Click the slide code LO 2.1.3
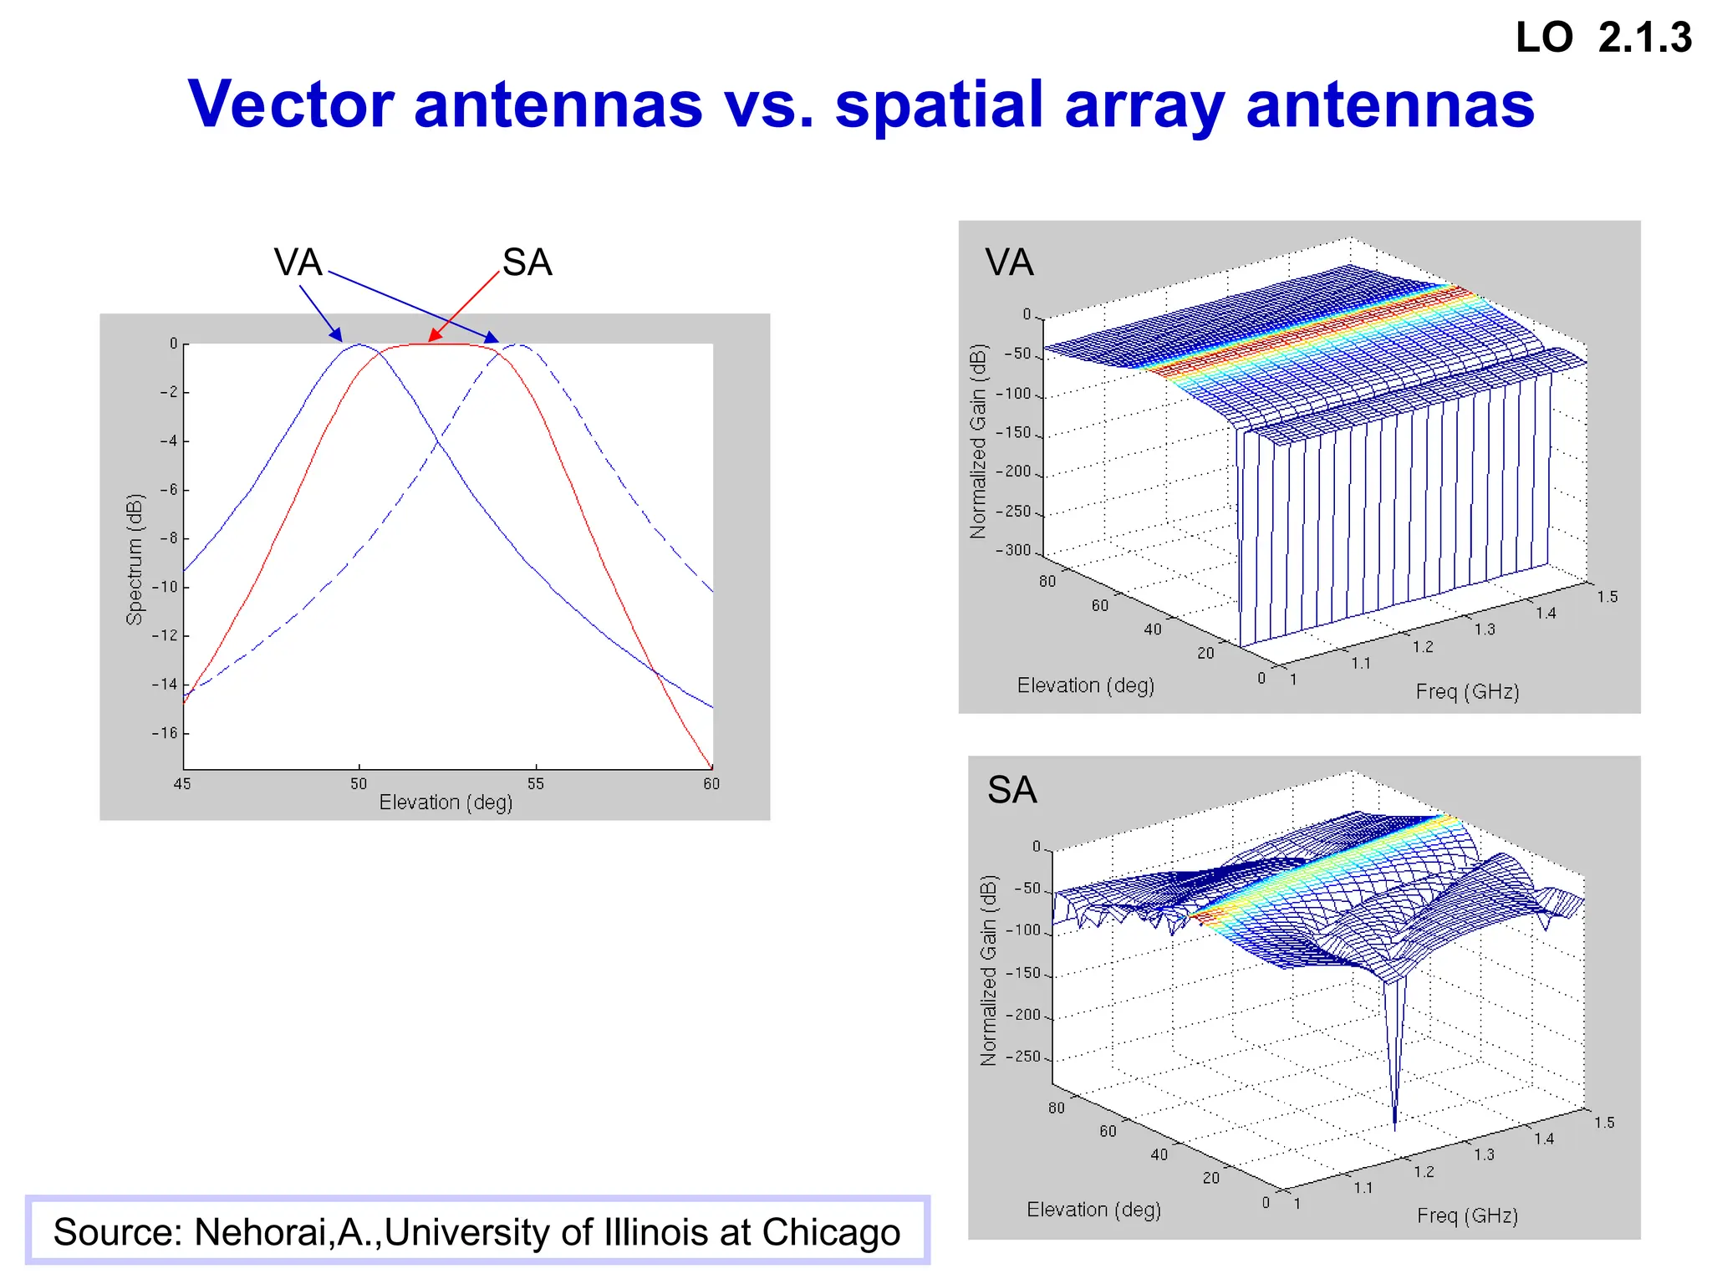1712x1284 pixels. coord(1602,38)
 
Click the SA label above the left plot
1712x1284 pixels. coord(527,262)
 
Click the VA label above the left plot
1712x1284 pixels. coord(298,262)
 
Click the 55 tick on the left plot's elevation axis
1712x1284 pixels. coord(535,783)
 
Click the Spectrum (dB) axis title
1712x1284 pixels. coord(135,559)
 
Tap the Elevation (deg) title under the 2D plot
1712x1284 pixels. coord(446,802)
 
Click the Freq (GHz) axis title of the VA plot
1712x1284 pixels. coord(1467,691)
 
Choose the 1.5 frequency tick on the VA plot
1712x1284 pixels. coord(1607,597)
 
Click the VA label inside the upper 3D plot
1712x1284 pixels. coord(1009,262)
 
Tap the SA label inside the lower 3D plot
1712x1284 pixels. coord(1011,789)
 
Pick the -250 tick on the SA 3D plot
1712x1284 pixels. coord(1022,1057)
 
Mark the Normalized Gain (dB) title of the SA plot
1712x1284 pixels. coord(988,970)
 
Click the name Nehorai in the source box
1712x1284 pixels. coord(263,1232)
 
